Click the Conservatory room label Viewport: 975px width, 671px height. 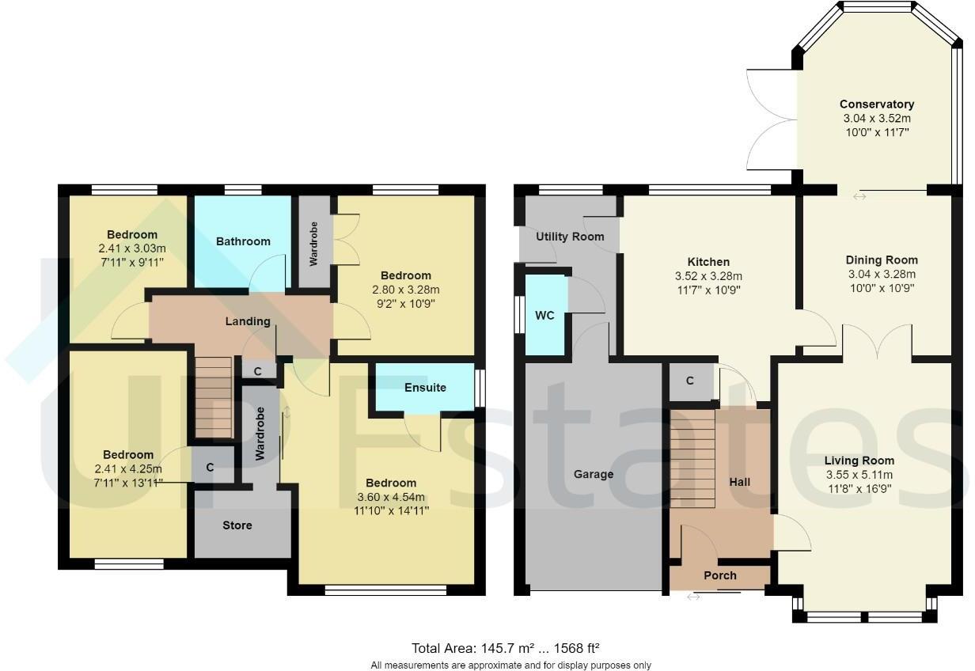click(x=876, y=104)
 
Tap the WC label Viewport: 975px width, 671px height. click(x=544, y=316)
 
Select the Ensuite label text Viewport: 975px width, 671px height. click(x=425, y=388)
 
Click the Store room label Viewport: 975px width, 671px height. click(x=237, y=525)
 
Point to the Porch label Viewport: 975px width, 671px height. click(x=719, y=575)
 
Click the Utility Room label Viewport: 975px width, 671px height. click(x=569, y=237)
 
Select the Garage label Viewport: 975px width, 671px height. click(x=593, y=474)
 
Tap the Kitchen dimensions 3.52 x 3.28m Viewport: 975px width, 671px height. click(x=708, y=276)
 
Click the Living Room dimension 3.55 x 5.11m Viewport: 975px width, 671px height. click(x=859, y=475)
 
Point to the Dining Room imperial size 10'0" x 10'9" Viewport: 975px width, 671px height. click(x=881, y=288)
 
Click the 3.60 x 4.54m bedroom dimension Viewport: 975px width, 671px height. click(x=391, y=497)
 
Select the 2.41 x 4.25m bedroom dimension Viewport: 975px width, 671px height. click(x=127, y=468)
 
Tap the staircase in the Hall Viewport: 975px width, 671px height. click(x=692, y=459)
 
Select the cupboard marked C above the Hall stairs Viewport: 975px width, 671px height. click(x=689, y=381)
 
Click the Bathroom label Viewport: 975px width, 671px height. click(x=243, y=241)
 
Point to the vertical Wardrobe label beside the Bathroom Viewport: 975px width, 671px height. click(x=314, y=248)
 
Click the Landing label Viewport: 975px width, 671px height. click(x=248, y=321)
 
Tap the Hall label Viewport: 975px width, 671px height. click(x=739, y=482)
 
